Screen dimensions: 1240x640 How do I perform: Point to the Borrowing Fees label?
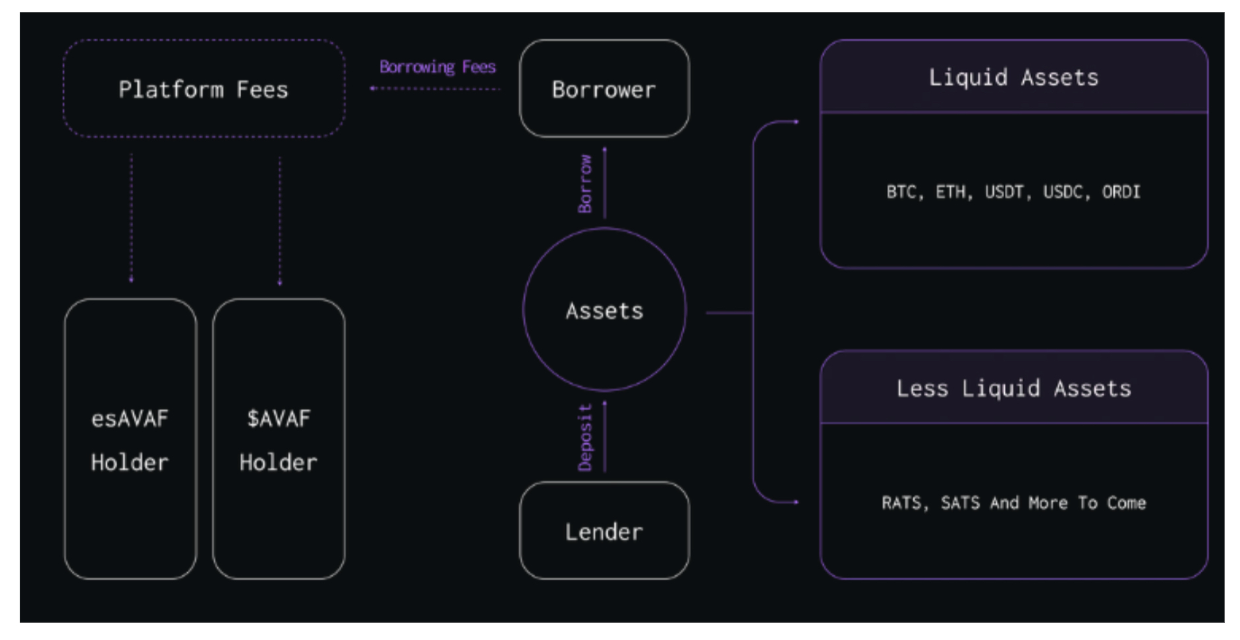coord(437,67)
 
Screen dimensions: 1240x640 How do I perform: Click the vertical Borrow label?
coord(585,184)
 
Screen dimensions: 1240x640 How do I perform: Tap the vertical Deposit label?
coord(585,438)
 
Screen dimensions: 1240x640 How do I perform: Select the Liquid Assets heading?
coord(1014,78)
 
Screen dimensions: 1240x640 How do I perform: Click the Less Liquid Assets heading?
coord(1014,388)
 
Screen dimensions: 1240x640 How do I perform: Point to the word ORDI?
coord(1121,192)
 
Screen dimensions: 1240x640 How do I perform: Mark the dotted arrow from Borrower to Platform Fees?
coord(436,88)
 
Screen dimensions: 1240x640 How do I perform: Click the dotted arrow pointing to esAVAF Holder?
coord(131,219)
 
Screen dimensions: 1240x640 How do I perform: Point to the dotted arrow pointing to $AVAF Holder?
coord(280,221)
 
